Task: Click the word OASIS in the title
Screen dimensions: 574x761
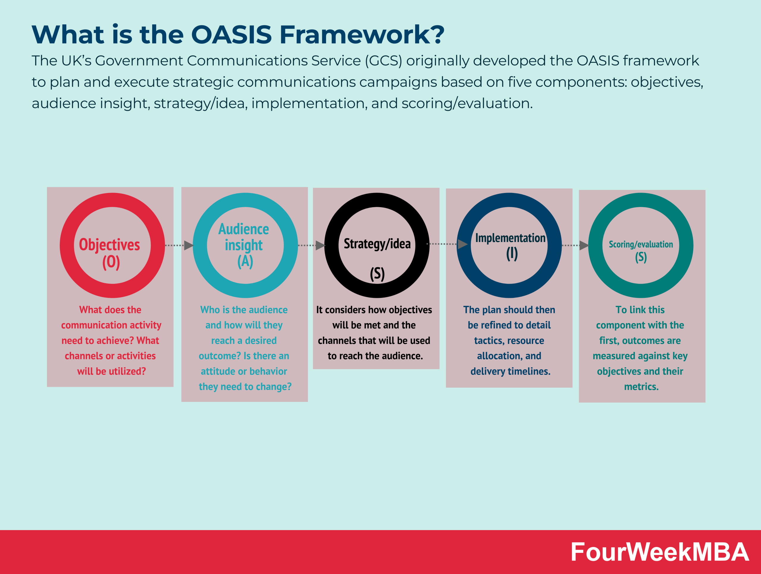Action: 231,35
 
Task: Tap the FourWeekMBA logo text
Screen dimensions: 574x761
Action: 660,552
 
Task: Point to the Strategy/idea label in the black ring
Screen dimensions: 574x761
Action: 377,244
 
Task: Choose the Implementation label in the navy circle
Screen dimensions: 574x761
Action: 510,238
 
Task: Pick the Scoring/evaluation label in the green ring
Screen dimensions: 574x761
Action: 641,245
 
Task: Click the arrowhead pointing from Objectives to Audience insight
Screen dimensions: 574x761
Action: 188,245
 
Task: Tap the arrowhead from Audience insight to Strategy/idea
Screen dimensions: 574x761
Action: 320,245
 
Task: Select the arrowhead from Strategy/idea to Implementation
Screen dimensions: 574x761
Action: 462,244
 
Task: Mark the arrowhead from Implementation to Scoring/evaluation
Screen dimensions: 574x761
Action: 584,245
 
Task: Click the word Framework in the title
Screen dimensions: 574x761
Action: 361,35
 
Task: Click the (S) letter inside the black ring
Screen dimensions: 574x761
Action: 377,274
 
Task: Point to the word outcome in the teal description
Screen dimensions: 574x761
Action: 219,356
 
